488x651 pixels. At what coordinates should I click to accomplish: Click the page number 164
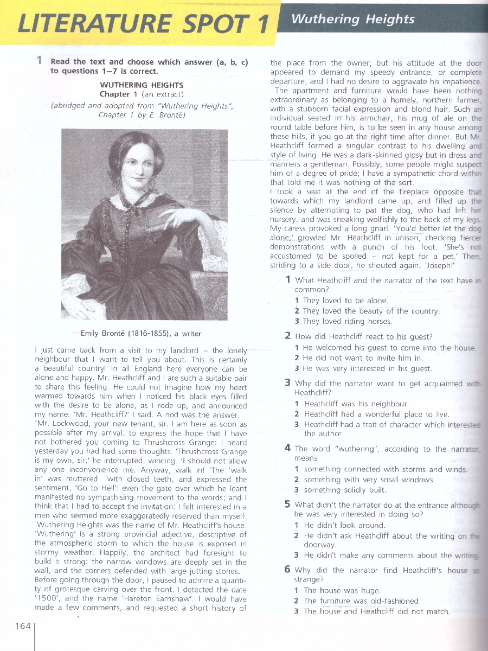23,626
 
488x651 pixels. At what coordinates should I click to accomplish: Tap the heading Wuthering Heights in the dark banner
352,19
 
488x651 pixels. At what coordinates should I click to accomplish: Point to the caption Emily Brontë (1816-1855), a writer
141,334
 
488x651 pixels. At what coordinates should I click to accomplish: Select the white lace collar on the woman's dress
136,202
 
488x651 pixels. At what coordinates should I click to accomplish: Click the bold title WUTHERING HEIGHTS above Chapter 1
142,85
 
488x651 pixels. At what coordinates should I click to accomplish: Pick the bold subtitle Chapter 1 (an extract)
142,95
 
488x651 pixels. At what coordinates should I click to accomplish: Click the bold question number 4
288,448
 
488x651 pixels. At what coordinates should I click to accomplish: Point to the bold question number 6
287,570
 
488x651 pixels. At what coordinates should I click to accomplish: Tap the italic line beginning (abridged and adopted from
142,106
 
